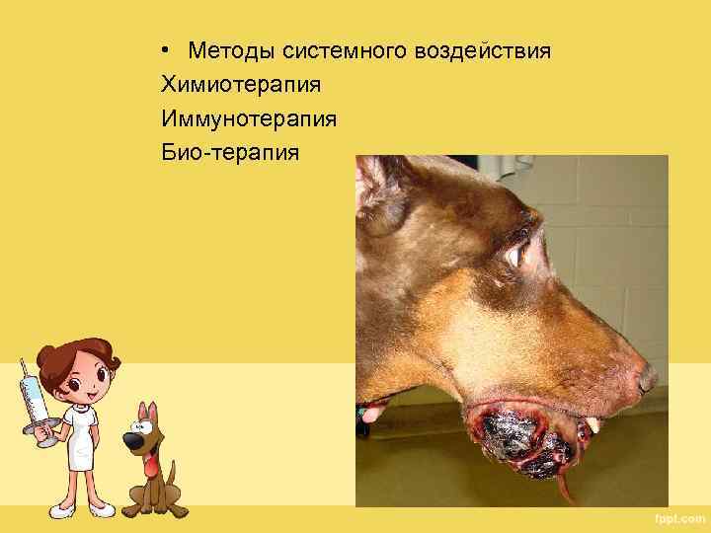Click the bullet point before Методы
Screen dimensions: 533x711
pyautogui.click(x=170, y=49)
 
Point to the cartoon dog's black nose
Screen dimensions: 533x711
pyautogui.click(x=132, y=439)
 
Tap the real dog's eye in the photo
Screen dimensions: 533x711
pyautogui.click(x=516, y=255)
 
